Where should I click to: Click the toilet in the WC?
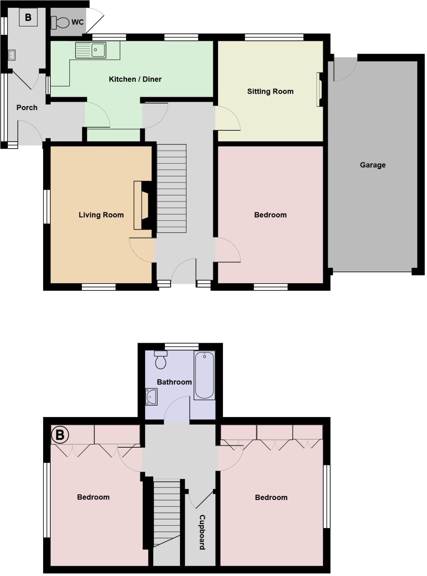[60, 23]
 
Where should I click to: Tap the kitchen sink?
[91, 50]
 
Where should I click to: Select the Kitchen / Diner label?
[135, 79]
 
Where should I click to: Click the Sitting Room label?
[270, 91]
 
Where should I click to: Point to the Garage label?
[373, 165]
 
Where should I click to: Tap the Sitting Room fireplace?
[320, 90]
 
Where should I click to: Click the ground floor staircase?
[171, 188]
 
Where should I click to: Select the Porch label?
[27, 108]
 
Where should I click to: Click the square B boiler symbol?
[28, 17]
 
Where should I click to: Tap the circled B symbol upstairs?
[60, 435]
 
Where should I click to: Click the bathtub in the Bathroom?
[204, 375]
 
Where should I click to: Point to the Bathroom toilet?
[160, 360]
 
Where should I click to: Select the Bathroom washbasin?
[151, 396]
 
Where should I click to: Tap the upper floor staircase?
[167, 513]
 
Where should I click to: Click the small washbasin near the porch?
[12, 55]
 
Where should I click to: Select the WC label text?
[78, 22]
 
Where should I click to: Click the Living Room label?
[101, 215]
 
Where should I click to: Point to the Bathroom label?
[174, 382]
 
